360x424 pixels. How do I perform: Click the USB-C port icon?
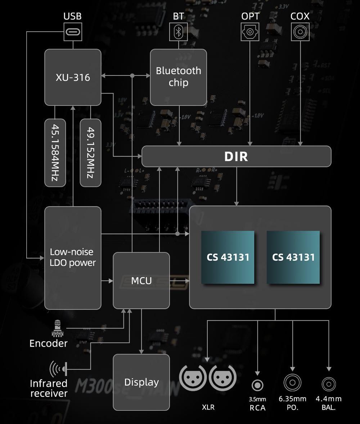[73, 32]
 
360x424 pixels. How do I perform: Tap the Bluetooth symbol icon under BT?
[178, 32]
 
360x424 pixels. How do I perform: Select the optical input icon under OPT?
[250, 32]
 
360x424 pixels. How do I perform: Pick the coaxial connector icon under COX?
[300, 32]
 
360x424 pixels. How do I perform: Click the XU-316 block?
[73, 77]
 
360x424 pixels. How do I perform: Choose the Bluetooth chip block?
[178, 77]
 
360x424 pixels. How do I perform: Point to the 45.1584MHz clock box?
[55, 152]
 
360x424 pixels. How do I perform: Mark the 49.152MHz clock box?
[90, 152]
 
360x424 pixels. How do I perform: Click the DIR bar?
[236, 156]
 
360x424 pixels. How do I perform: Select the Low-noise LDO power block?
[73, 257]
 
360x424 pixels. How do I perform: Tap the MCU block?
[141, 281]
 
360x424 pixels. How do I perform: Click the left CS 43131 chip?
[228, 257]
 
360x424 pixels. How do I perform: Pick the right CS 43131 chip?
[293, 257]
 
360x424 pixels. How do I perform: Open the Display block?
[141, 382]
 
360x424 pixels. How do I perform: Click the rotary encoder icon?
[57, 328]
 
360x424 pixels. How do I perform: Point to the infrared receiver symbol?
[59, 368]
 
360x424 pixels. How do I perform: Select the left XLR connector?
[193, 378]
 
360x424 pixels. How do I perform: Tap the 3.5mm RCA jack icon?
[257, 385]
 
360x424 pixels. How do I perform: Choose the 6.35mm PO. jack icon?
[292, 383]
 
